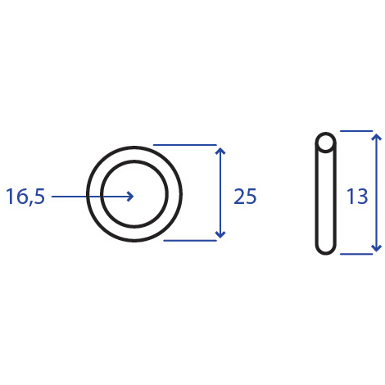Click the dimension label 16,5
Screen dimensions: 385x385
point(25,197)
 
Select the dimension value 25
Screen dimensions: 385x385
point(245,197)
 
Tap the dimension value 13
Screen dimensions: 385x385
point(357,197)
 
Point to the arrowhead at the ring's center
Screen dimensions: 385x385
point(131,197)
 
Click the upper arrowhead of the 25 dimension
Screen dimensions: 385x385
point(220,151)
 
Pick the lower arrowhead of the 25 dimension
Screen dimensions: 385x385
point(220,234)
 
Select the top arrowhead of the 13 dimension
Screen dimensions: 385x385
point(377,137)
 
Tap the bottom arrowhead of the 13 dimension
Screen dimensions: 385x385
point(377,248)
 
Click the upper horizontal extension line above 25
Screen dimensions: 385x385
point(185,145)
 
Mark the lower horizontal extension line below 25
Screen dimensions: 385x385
point(190,241)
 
